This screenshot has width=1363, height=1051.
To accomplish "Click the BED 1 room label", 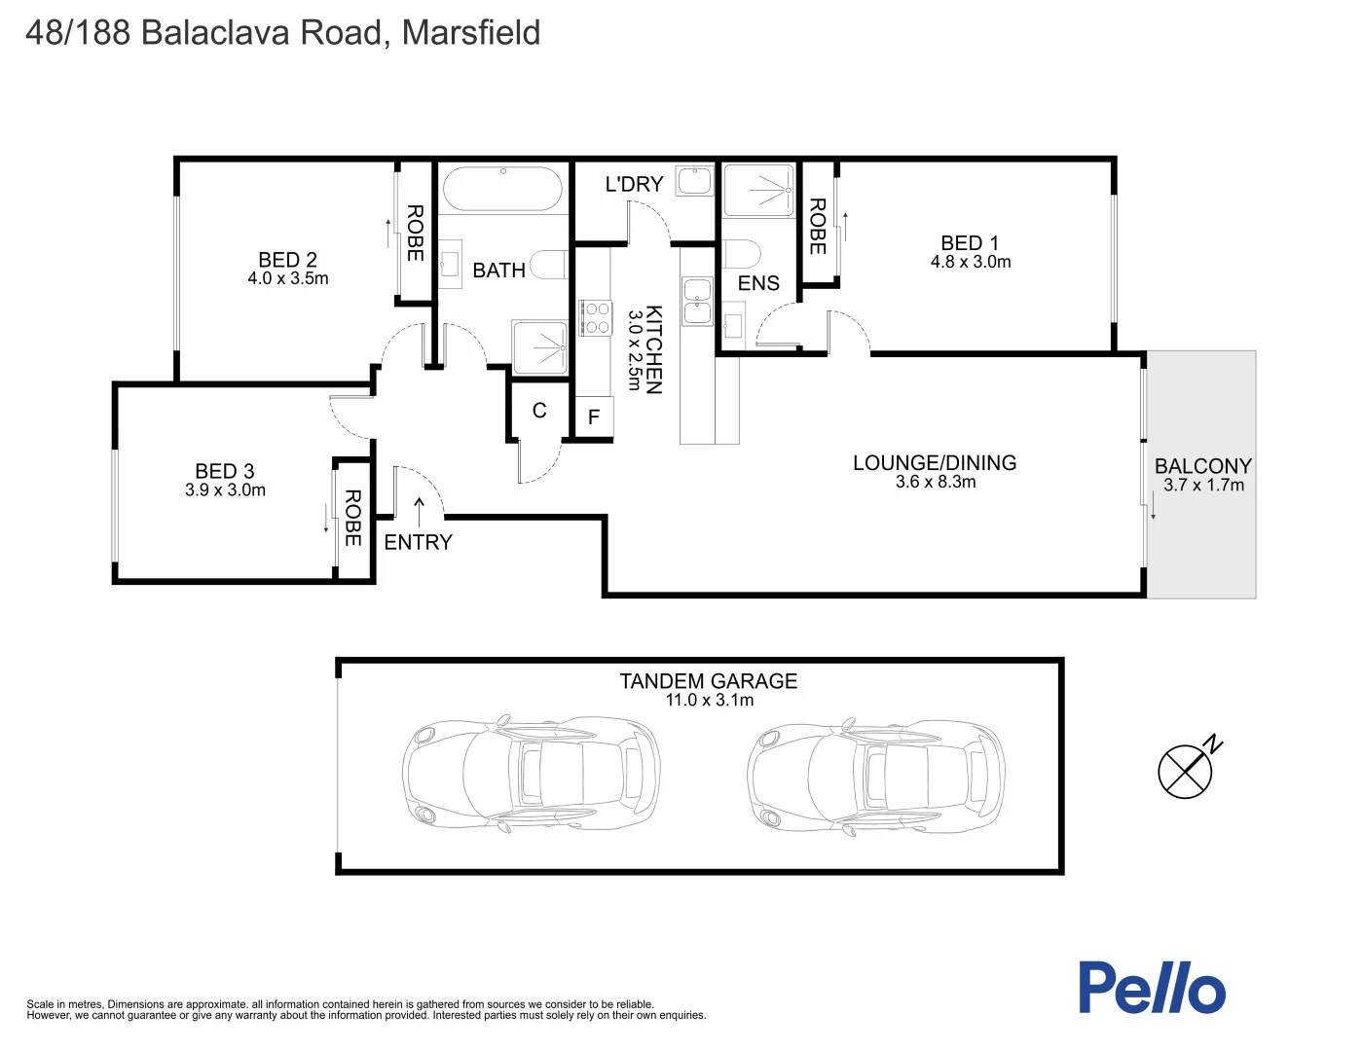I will point(970,243).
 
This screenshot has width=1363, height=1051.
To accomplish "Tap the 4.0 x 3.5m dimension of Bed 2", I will point(288,279).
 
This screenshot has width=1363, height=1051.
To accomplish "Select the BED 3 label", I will point(225,472).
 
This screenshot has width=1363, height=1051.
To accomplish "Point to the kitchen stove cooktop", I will point(595,317).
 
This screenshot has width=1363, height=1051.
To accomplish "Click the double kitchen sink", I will point(697,301).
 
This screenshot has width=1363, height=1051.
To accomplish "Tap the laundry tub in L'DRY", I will point(695,180).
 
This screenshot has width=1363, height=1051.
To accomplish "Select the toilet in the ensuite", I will point(741,255).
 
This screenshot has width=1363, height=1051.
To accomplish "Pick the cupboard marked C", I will point(539,411).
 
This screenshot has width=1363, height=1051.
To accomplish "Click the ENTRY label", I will point(419,543).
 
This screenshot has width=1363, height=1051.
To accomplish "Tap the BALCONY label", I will point(1203,466).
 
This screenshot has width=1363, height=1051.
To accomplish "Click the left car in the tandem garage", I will point(531,775).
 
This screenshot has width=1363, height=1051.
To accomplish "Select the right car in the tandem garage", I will point(876,775).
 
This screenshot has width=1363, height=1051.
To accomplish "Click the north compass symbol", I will point(1186,771).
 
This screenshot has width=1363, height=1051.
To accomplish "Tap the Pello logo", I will point(1152,988).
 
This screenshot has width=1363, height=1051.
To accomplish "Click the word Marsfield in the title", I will point(471,33).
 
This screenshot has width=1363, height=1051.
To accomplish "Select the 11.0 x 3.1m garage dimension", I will point(709,701).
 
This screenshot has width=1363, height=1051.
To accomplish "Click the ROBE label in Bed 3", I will point(352,518).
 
